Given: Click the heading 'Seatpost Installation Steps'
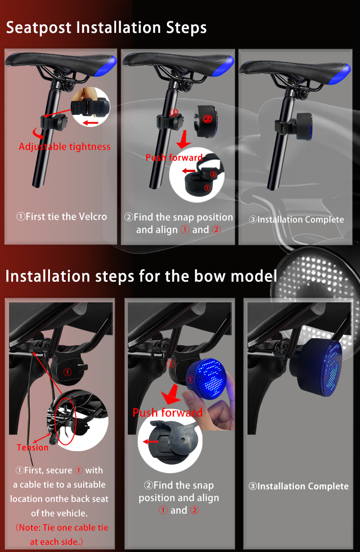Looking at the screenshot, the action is pos(106,27).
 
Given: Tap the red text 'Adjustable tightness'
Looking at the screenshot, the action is pos(65,147).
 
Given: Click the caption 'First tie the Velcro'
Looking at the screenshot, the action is pos(66,217).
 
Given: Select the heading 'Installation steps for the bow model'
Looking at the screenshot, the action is pos(141,276).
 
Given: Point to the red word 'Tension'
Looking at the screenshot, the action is pos(32,447).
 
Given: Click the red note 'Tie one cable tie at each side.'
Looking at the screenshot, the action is pos(62,534).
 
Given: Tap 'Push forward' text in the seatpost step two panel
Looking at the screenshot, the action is pos(174,158).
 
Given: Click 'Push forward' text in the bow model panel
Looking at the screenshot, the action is pos(167,413).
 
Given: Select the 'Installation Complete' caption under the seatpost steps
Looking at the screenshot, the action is pos(301,220).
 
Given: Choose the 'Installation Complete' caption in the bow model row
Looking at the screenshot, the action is pos(303,486).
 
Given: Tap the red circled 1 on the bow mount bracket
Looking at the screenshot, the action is pos(67,372).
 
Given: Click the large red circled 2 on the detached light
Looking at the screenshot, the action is pos(207,119).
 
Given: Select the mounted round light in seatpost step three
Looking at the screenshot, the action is pos(305,126).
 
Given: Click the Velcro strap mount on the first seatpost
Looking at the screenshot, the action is pos(54,122).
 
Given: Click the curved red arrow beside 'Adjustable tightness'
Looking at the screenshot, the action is pos(37,134).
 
